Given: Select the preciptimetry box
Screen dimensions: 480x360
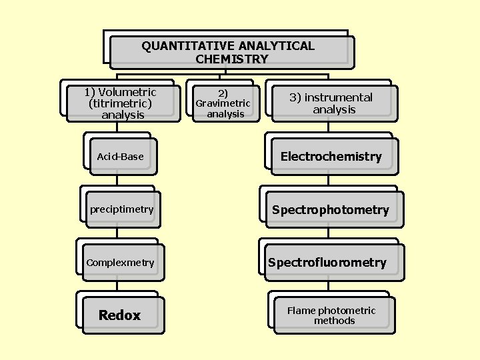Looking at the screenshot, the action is point(122,209).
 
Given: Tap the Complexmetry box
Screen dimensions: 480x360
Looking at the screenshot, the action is point(120,263).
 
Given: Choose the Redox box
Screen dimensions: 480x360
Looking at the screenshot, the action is point(120,315).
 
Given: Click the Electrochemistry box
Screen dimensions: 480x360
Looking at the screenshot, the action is point(331,157).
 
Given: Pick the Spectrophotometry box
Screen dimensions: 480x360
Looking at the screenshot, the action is point(331,210).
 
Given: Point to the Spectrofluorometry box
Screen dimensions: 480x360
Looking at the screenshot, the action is point(327,263).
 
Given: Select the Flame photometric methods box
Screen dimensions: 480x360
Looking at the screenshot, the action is point(331,315).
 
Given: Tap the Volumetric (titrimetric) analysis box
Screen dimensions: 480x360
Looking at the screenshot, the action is point(121,103).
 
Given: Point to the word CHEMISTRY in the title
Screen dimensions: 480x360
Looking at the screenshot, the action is point(232,59).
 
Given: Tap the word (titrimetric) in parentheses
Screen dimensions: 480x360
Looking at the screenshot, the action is point(120,103).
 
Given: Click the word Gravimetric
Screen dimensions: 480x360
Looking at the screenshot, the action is point(223,103).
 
